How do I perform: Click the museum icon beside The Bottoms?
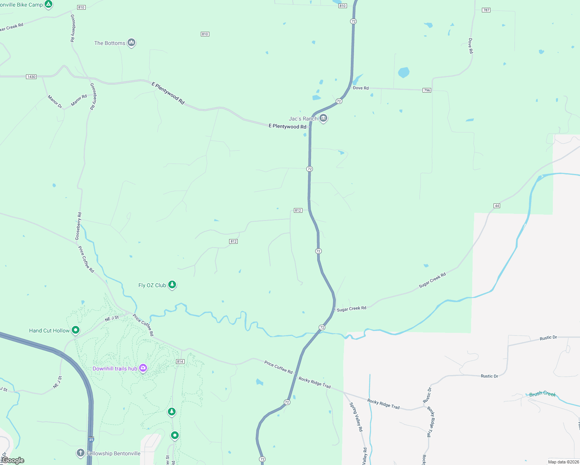click(x=131, y=42)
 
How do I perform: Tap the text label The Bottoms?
click(x=110, y=43)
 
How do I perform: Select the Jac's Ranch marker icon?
click(x=323, y=118)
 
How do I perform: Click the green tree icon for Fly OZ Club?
click(x=172, y=285)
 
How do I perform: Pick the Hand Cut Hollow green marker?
click(x=76, y=330)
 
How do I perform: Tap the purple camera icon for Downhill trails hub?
click(x=143, y=368)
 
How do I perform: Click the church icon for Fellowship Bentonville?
click(x=80, y=453)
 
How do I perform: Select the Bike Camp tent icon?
click(x=48, y=4)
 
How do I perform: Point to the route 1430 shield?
click(x=31, y=77)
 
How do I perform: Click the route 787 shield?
click(x=486, y=10)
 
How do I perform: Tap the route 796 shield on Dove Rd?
click(x=427, y=90)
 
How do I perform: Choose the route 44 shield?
click(x=497, y=205)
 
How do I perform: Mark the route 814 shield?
click(x=180, y=362)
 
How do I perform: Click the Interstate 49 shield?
click(x=91, y=440)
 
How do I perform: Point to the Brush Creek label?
click(x=542, y=394)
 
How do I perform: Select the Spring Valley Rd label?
click(x=356, y=417)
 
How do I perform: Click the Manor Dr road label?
click(x=55, y=102)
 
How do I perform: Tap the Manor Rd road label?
click(x=79, y=100)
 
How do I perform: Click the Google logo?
click(x=13, y=460)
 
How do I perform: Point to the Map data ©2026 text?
click(x=563, y=462)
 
